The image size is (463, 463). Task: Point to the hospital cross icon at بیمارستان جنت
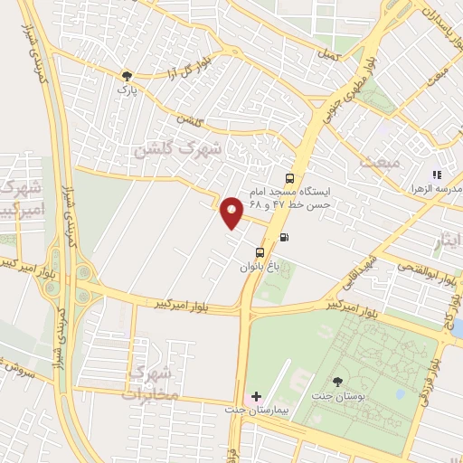click(256, 397)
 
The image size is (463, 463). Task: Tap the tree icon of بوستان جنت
click(338, 383)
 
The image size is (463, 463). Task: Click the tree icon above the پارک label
click(127, 76)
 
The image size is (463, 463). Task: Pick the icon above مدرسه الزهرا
click(437, 175)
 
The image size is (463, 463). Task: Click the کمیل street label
click(327, 55)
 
